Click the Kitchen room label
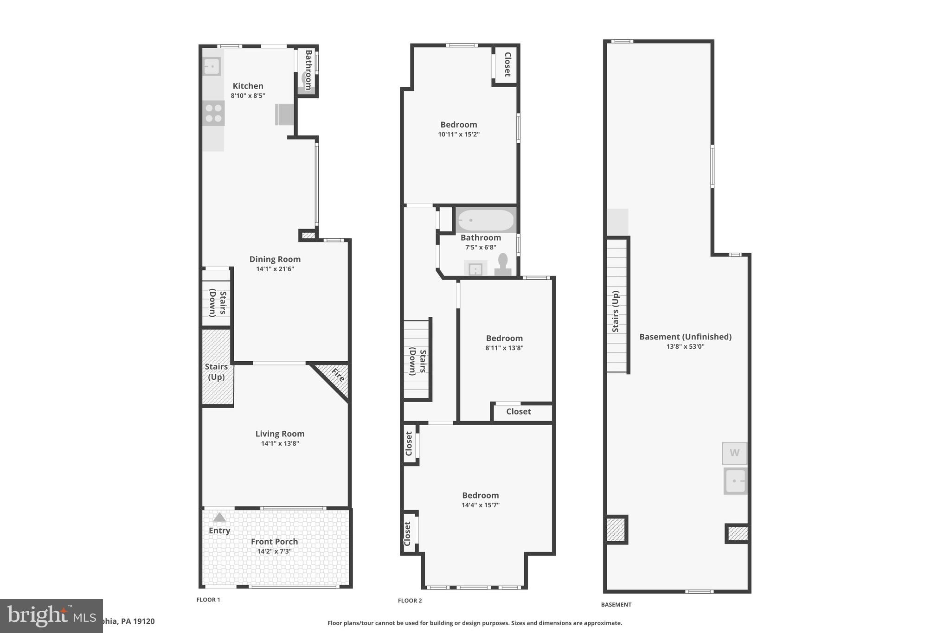point(248,86)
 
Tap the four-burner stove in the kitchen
point(213,113)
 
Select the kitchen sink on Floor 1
point(212,66)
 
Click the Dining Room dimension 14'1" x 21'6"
point(275,269)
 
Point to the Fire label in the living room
point(338,375)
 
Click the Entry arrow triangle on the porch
point(219,517)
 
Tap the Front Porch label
point(274,542)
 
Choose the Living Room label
point(280,434)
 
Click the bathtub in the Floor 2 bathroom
point(486,220)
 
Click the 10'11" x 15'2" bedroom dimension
point(458,134)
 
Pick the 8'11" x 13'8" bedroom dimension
point(504,348)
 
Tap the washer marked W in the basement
point(734,453)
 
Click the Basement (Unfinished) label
point(685,337)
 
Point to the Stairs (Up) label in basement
point(616,312)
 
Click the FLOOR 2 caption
point(410,601)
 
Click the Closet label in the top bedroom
point(507,64)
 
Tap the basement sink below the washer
point(735,481)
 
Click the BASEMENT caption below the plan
point(616,605)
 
